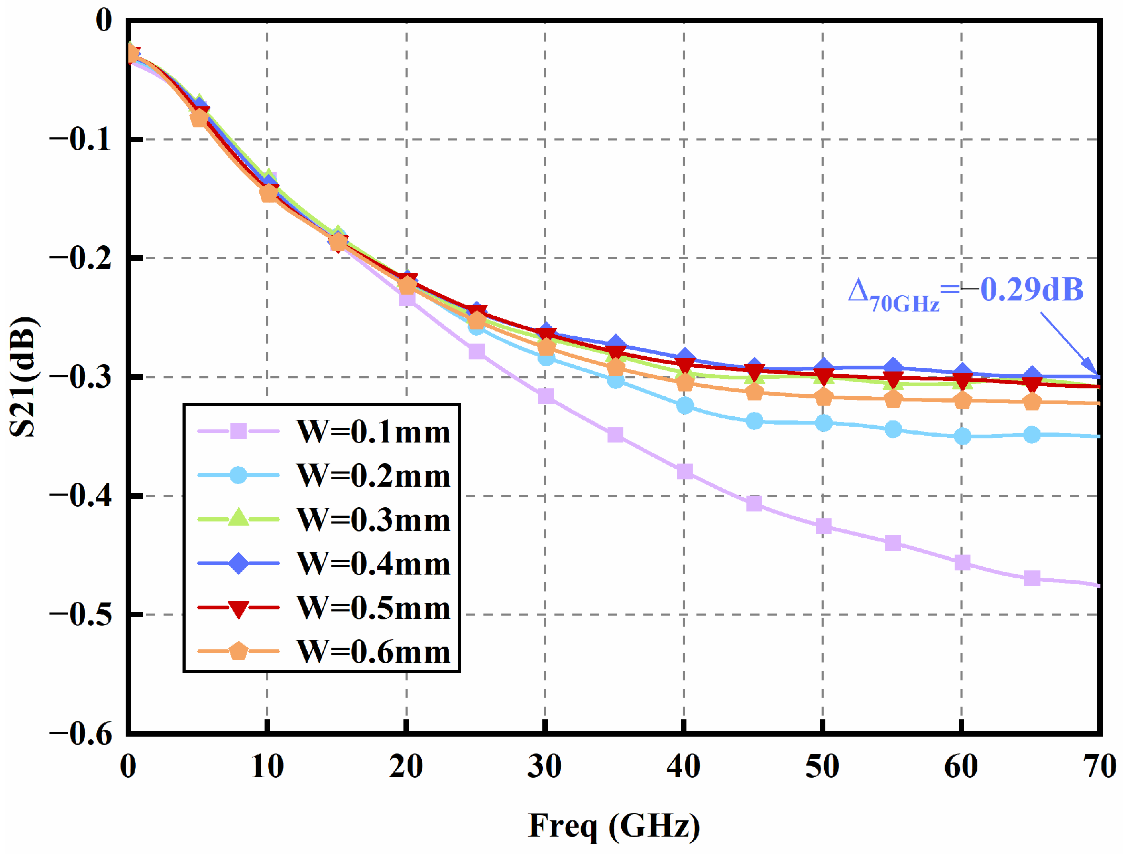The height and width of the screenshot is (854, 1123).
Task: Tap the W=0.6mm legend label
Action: point(373,652)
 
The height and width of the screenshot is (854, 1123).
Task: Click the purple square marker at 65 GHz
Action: point(1032,578)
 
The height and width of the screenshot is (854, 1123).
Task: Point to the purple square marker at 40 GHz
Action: point(684,471)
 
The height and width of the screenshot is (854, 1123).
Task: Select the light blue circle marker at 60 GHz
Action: point(962,436)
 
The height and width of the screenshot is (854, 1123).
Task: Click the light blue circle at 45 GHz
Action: point(754,421)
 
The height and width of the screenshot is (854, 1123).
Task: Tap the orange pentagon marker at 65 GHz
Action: point(1032,403)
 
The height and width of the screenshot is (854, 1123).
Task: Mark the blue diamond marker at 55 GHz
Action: point(893,366)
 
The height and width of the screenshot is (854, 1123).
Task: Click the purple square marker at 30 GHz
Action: point(546,396)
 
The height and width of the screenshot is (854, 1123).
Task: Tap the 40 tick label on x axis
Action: point(683,767)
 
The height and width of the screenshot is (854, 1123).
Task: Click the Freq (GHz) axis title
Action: point(614,826)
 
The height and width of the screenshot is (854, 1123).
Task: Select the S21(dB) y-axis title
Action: point(24,376)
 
